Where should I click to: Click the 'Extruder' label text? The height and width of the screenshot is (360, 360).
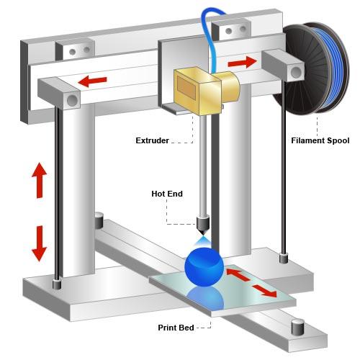[152, 140]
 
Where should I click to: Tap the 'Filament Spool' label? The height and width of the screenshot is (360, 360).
[320, 140]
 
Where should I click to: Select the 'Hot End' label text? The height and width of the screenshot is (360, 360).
[167, 194]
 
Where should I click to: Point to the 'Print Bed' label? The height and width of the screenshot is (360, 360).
[176, 328]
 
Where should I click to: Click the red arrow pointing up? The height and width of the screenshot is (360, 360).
[39, 180]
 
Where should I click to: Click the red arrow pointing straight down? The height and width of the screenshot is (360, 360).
[39, 243]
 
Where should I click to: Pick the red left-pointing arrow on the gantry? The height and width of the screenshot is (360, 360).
[92, 81]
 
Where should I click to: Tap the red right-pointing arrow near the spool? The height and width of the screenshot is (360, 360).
[242, 63]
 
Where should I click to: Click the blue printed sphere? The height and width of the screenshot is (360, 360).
[204, 267]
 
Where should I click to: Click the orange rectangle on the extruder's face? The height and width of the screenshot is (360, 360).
[187, 89]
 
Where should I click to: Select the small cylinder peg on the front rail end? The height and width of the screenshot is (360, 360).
[297, 327]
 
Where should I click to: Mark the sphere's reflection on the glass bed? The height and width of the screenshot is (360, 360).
[205, 297]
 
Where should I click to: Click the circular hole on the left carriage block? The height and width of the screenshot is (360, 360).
[72, 100]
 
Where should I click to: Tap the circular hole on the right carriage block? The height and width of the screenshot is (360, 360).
[296, 72]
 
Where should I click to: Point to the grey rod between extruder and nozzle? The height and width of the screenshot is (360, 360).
[203, 166]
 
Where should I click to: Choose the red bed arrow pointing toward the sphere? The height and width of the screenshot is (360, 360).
[238, 275]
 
